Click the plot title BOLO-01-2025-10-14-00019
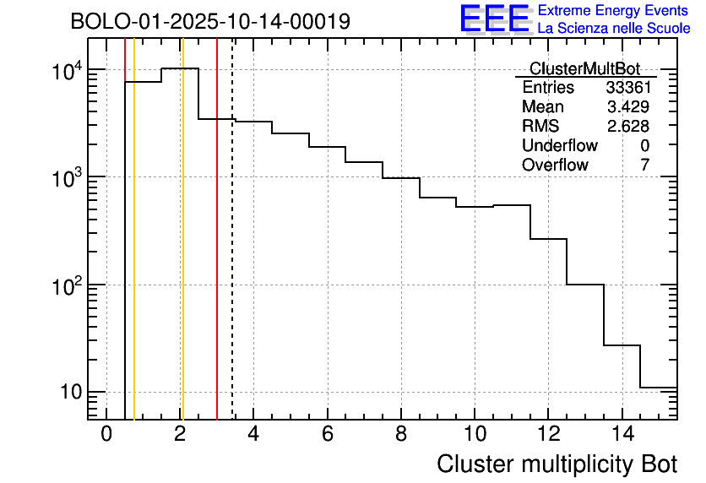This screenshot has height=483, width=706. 210,21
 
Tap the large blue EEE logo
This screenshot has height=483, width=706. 494,19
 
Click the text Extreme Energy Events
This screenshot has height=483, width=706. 614,11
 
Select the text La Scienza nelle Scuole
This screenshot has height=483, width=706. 614,29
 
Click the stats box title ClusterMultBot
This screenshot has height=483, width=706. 584,68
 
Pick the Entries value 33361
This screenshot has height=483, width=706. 627,88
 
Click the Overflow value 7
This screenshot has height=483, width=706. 645,166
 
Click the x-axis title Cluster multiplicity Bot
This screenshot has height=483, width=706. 557,464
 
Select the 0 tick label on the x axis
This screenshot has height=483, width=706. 106,434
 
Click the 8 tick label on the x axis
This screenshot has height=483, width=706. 401,434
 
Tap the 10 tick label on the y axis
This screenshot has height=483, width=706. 70,393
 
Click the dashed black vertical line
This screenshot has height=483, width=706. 232,253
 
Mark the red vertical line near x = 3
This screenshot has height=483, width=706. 217,253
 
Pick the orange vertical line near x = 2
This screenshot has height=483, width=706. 182,253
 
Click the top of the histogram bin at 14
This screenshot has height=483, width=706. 622,345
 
